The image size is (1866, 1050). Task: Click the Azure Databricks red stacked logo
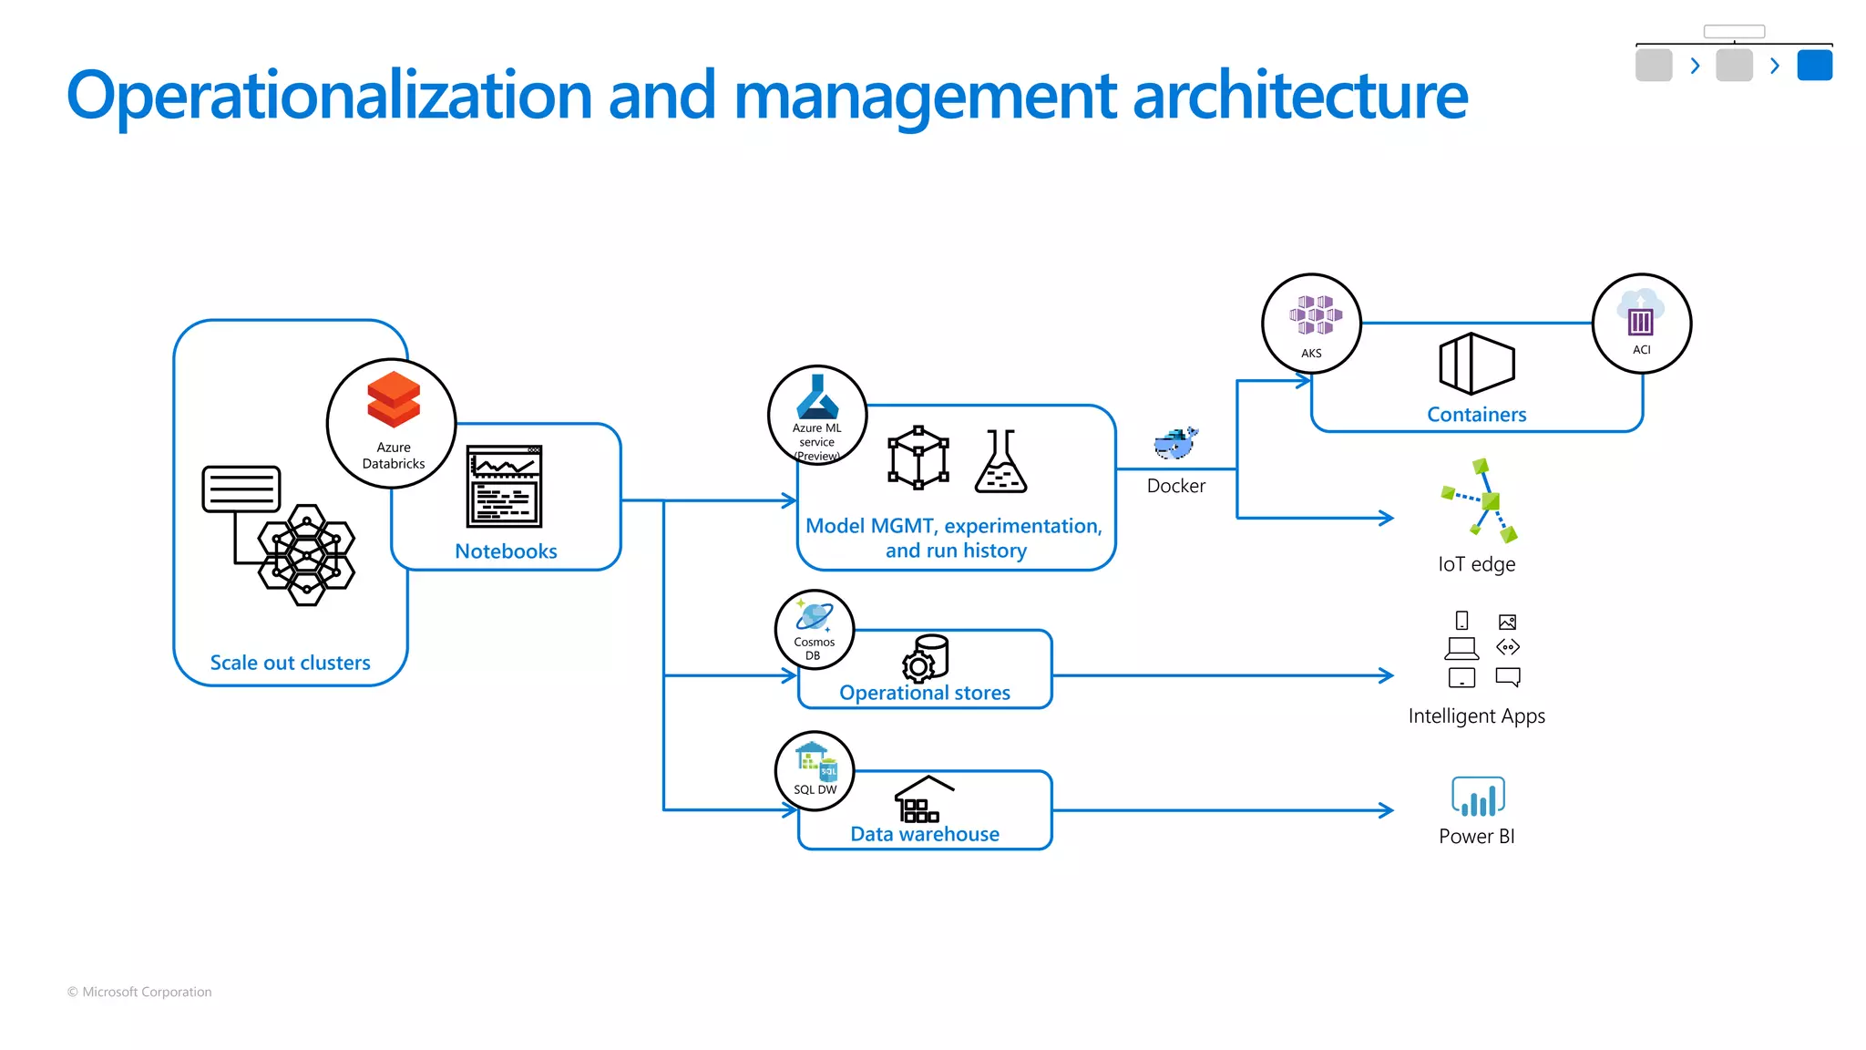394,399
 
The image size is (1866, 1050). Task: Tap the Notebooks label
506,551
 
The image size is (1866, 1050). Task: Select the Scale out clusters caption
290,663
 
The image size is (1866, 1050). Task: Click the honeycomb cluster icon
306,554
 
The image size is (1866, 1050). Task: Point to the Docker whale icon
1175,444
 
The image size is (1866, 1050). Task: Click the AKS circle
1311,324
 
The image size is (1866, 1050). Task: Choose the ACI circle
1641,324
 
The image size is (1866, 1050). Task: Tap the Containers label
1476,415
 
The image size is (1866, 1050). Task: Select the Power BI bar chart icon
1477,797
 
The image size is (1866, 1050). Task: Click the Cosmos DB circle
815,630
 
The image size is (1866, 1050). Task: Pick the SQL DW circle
815,771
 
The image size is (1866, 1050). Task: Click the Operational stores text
924,693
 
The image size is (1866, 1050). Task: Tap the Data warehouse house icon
923,799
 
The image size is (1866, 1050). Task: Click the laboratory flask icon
1000,462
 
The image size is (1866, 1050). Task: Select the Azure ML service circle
817,416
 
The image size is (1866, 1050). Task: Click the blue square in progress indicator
1814,66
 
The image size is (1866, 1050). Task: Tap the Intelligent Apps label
1476,716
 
